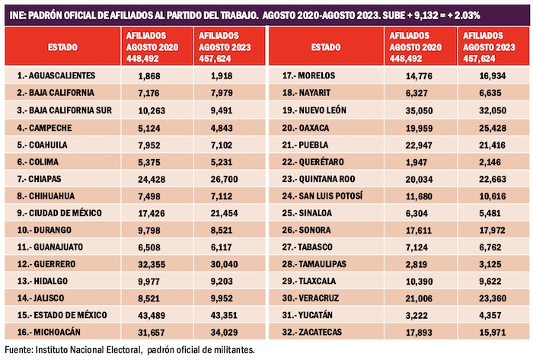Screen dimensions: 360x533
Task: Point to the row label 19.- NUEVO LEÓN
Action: point(318,109)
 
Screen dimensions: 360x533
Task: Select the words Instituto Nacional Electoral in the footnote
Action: point(81,349)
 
